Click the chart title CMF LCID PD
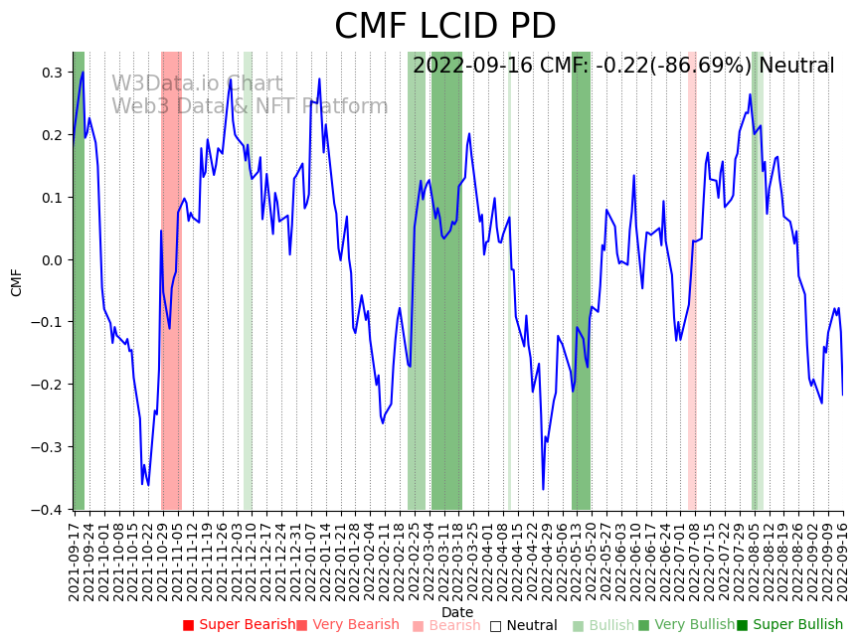click(x=444, y=27)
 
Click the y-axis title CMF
click(x=17, y=282)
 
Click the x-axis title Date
click(x=457, y=612)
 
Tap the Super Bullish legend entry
click(x=795, y=625)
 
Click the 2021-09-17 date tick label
click(x=75, y=562)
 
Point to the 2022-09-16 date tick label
click(x=843, y=562)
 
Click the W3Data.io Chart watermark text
click(x=197, y=84)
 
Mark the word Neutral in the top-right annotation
click(x=796, y=67)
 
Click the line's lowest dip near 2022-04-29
click(x=543, y=489)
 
